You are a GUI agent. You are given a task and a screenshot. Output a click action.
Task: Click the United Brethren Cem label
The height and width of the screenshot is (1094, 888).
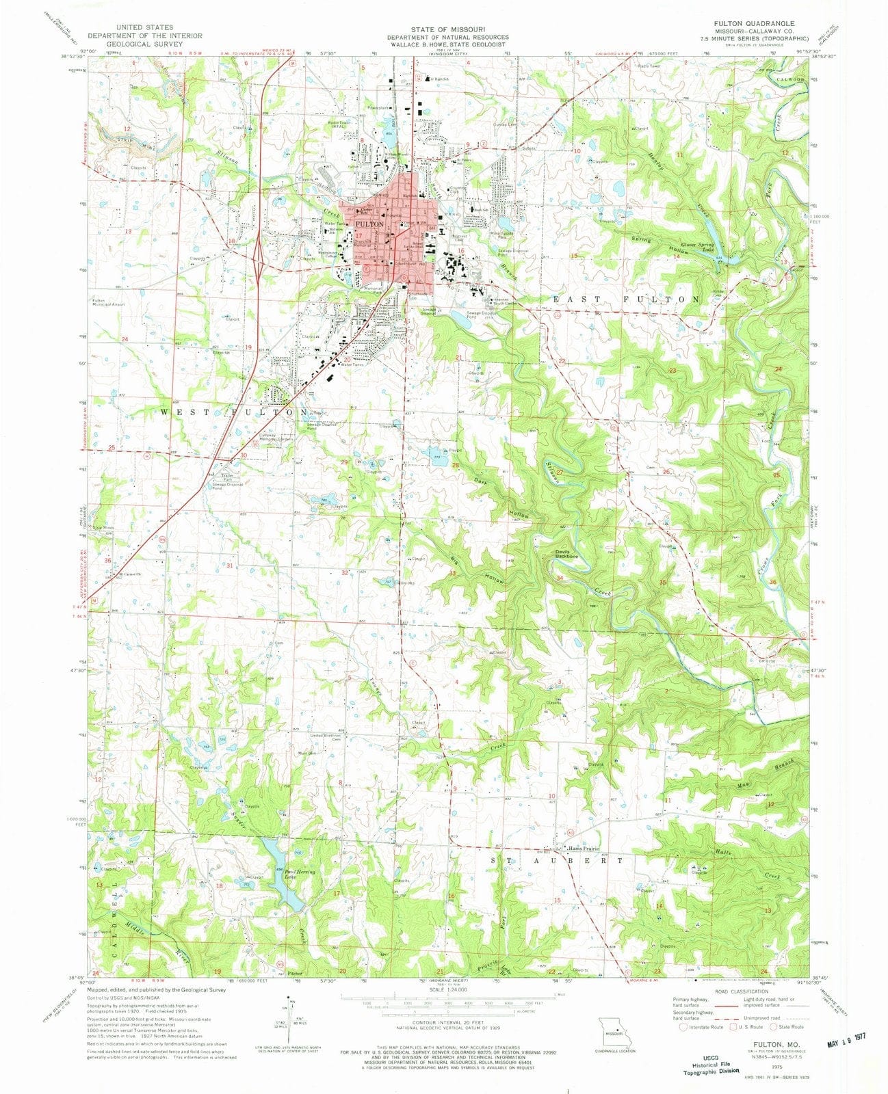[326, 737]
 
